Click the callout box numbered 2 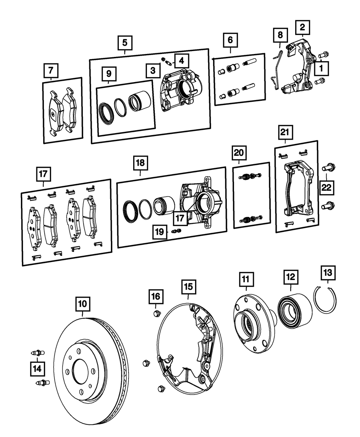point(302,27)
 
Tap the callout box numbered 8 point(280,35)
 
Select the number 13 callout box point(328,273)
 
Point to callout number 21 point(285,132)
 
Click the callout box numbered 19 point(160,232)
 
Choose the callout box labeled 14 point(37,369)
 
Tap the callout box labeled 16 point(156,297)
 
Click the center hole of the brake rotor point(80,372)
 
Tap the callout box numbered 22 point(327,188)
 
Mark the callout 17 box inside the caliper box point(180,218)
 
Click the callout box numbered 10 point(83,304)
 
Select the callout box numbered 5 point(125,43)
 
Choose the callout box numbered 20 point(239,153)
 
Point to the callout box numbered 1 point(321,68)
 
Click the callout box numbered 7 point(51,71)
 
